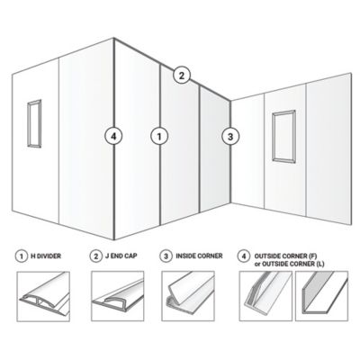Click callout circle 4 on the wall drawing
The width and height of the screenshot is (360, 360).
(x=113, y=137)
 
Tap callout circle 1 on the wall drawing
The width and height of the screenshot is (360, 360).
(x=159, y=137)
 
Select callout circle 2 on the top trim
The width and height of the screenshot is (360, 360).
(x=182, y=76)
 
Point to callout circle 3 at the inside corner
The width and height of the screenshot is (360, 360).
(x=230, y=137)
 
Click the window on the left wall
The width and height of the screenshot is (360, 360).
(x=28, y=123)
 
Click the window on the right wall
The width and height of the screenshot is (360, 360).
(x=273, y=137)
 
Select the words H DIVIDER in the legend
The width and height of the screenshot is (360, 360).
(x=46, y=256)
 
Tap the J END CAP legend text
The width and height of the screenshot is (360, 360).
(x=121, y=256)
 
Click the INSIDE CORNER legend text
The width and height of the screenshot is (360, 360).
(x=199, y=256)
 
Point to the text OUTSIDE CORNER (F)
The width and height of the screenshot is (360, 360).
(x=285, y=256)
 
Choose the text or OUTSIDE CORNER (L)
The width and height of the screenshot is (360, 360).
(x=289, y=264)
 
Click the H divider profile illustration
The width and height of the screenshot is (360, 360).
(x=43, y=296)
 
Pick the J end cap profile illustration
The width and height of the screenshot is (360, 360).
(x=118, y=296)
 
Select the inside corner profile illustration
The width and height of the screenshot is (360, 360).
(x=188, y=296)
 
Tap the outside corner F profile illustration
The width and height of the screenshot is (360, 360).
(x=265, y=296)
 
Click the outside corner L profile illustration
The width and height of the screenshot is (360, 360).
(x=322, y=296)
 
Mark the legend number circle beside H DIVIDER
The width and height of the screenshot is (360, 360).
(x=22, y=256)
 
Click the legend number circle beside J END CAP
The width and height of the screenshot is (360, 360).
(x=96, y=256)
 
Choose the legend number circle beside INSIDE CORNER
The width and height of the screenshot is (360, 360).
(x=166, y=256)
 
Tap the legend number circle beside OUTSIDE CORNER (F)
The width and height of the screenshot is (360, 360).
(x=244, y=256)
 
